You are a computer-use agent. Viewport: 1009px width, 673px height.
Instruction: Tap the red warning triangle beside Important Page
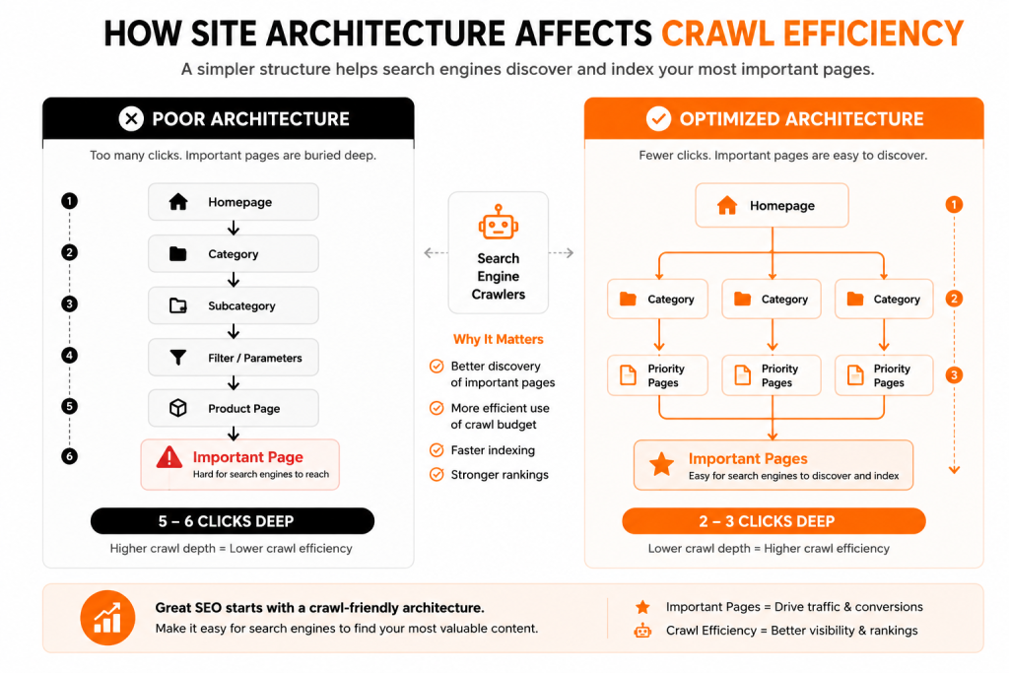(x=169, y=457)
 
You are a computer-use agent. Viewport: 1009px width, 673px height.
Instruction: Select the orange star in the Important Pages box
(x=661, y=464)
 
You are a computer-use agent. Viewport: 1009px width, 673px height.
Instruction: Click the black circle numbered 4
(x=70, y=355)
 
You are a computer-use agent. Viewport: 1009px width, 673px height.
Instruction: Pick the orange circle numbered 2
(x=954, y=299)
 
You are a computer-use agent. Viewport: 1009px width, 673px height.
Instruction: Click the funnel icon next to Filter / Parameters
(x=178, y=357)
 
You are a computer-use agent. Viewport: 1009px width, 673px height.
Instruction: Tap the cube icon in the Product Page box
(x=178, y=408)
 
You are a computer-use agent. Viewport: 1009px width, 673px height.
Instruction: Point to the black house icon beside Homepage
(x=178, y=202)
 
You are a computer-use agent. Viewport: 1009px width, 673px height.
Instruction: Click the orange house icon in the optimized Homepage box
(x=727, y=205)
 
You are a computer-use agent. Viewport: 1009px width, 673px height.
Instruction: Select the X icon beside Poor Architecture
(x=131, y=118)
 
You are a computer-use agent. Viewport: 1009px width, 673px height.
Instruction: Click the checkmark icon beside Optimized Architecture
(x=658, y=118)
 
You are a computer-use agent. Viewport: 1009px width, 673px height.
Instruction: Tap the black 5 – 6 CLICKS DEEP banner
(x=233, y=520)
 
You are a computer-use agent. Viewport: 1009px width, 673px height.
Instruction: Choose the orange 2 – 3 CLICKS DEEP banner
(x=774, y=520)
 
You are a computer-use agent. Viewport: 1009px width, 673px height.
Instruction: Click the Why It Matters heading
(x=498, y=339)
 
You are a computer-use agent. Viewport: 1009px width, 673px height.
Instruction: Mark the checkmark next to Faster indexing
(x=437, y=450)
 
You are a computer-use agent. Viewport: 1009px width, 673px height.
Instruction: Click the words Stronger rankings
(x=500, y=475)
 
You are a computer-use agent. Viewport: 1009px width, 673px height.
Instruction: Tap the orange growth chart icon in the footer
(x=107, y=618)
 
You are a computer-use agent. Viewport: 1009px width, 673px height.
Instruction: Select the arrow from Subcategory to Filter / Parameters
(x=234, y=331)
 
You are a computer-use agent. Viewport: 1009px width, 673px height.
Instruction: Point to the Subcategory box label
(x=241, y=306)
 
